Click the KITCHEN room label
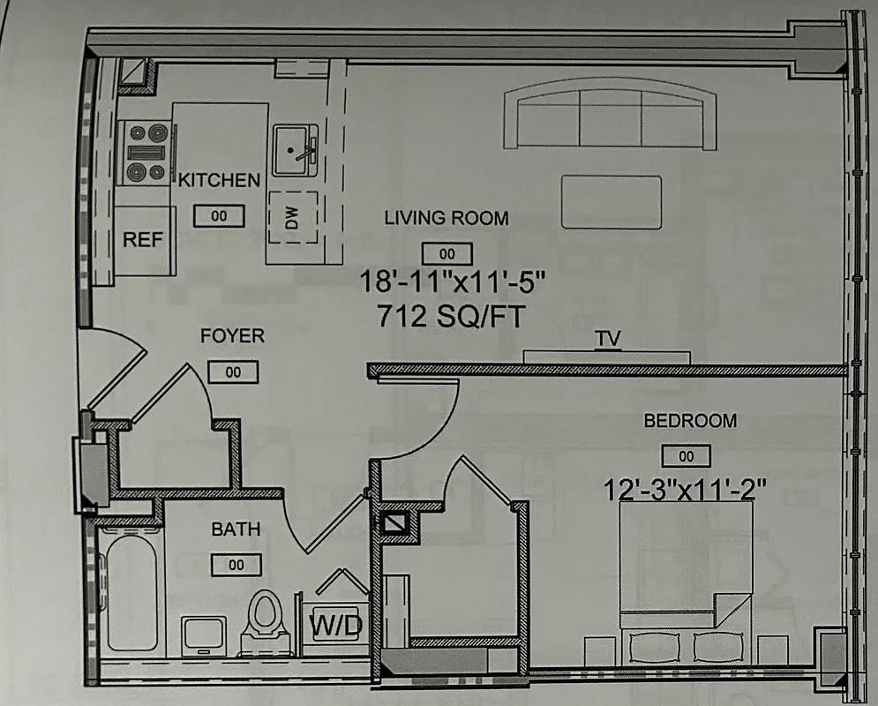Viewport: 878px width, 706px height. click(x=219, y=181)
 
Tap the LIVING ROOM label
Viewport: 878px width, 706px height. click(x=447, y=218)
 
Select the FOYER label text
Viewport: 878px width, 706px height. click(x=232, y=336)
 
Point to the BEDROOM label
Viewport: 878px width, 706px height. click(x=690, y=421)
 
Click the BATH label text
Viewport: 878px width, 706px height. click(x=236, y=529)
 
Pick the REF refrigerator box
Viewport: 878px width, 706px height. click(x=143, y=239)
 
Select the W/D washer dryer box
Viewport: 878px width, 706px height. click(x=336, y=626)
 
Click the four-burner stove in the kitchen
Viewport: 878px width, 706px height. click(x=146, y=152)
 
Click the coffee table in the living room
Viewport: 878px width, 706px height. click(x=612, y=202)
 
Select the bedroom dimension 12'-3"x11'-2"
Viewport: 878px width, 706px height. click(x=685, y=485)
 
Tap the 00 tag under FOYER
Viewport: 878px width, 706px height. click(x=234, y=372)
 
